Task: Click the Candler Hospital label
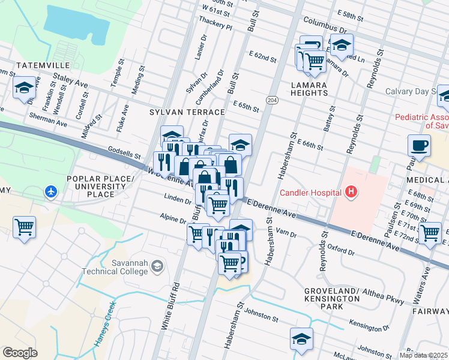click(310, 193)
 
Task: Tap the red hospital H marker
click(351, 193)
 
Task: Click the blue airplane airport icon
click(52, 192)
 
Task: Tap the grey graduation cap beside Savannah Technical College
click(157, 266)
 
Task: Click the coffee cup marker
click(418, 145)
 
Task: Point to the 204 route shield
click(273, 100)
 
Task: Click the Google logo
click(20, 353)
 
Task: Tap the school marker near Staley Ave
click(24, 88)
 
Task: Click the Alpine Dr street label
click(173, 220)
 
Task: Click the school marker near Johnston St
click(301, 338)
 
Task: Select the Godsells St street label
click(124, 155)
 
